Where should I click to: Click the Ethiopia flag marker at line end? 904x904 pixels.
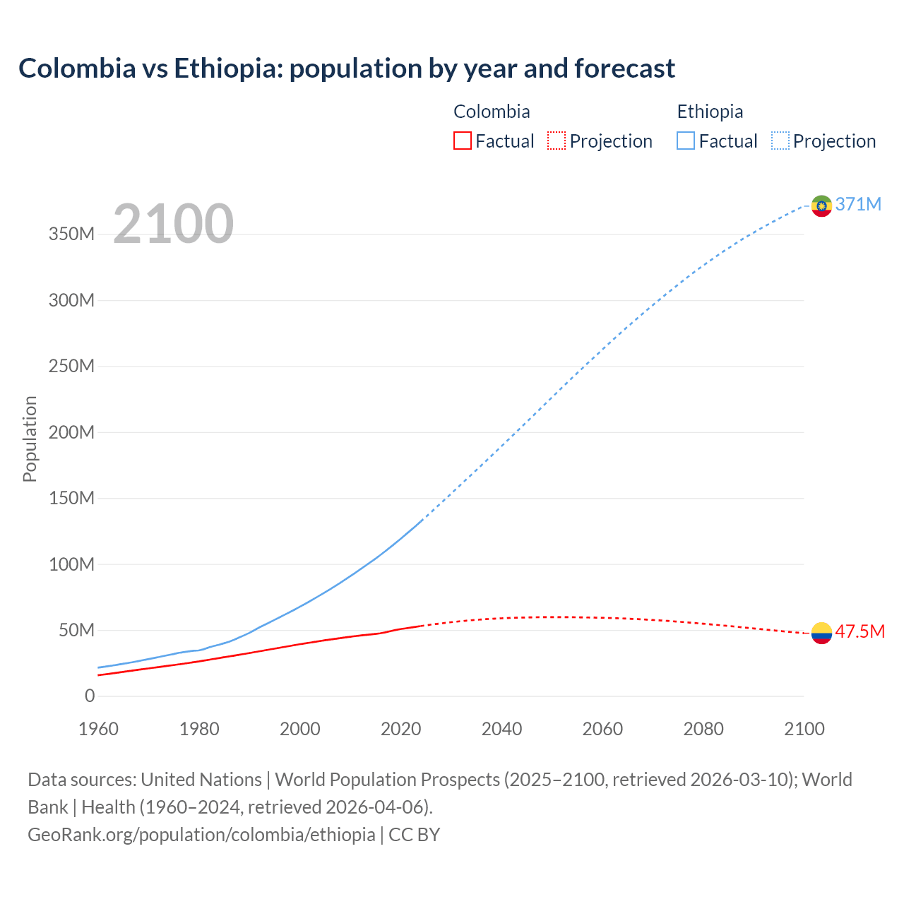click(x=821, y=206)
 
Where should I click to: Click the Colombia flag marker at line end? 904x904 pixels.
click(x=821, y=633)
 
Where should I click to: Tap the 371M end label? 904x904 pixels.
click(x=858, y=204)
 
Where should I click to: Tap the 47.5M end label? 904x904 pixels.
click(x=860, y=631)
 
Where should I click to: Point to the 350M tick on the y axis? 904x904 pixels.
click(x=71, y=234)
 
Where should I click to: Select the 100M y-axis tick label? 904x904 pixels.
click(x=71, y=564)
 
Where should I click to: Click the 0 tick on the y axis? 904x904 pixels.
click(x=90, y=696)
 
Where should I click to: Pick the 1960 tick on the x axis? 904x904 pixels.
click(x=98, y=729)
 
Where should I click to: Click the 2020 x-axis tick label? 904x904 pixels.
click(x=401, y=729)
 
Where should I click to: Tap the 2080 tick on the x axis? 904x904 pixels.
click(x=703, y=729)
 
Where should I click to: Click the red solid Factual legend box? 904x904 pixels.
click(x=463, y=141)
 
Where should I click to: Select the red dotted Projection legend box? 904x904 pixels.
click(x=557, y=141)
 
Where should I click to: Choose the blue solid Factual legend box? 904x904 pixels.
click(x=686, y=141)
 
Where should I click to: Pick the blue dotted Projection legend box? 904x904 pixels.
click(x=780, y=141)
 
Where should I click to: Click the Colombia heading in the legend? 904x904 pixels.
click(x=492, y=112)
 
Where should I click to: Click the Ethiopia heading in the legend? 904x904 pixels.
click(x=710, y=112)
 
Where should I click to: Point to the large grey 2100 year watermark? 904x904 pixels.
click(x=173, y=223)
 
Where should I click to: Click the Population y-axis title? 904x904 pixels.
click(x=30, y=439)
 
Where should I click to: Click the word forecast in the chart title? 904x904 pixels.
click(x=624, y=69)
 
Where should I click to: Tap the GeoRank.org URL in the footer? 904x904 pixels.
click(x=201, y=835)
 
